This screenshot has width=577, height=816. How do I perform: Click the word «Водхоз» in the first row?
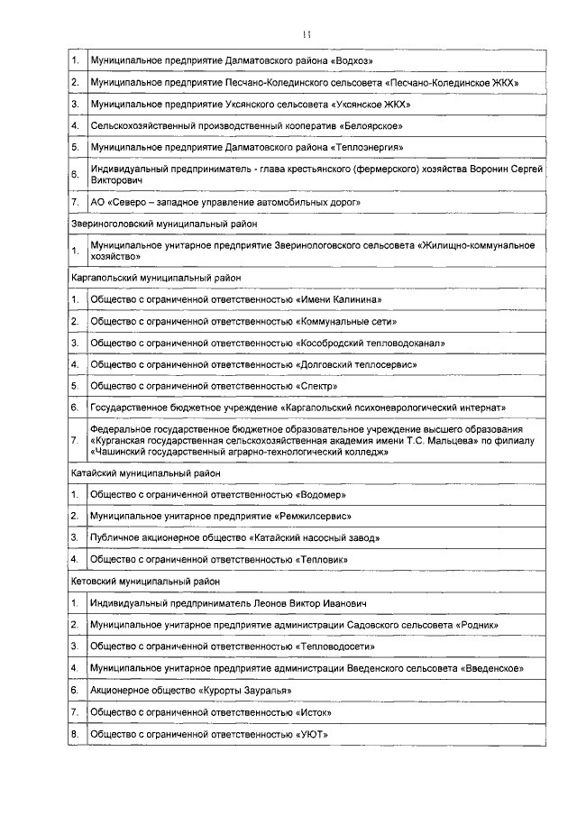click(x=353, y=60)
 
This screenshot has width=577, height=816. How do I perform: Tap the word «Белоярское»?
click(x=371, y=126)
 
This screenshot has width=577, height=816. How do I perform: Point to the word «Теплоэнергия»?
click(x=365, y=147)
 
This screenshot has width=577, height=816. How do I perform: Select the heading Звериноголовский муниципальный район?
click(x=164, y=223)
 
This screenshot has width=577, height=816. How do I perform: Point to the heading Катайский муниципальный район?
click(x=145, y=472)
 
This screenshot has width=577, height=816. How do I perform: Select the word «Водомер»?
click(x=323, y=494)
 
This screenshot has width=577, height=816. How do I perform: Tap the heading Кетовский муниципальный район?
click(x=146, y=582)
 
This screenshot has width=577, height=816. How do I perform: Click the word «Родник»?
click(x=475, y=625)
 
